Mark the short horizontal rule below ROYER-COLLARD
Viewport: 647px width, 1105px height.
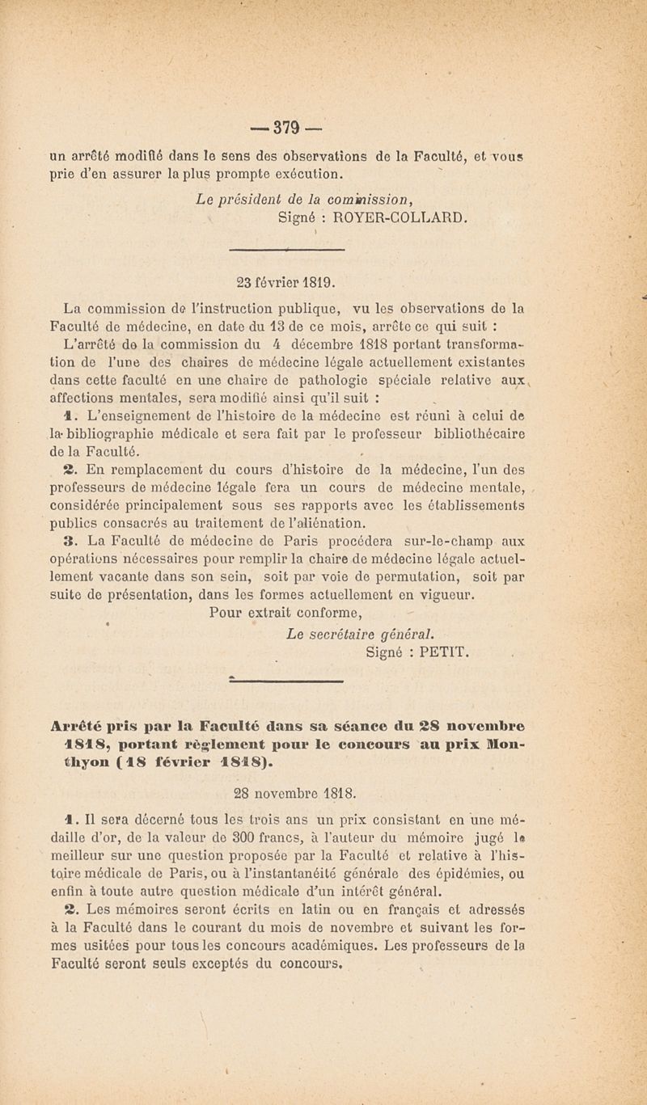click(x=287, y=250)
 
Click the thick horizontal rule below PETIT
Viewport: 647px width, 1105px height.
click(x=287, y=681)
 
